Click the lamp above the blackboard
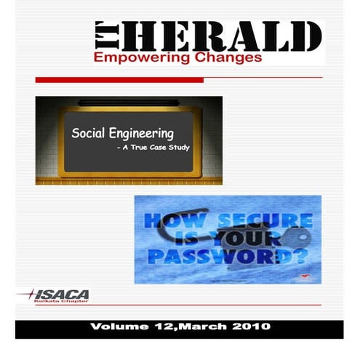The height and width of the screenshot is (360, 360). [128, 102]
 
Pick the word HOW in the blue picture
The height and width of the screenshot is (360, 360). [169, 220]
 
